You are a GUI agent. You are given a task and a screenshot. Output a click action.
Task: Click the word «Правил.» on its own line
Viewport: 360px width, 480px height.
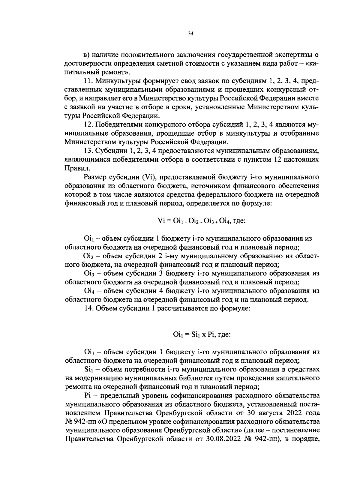tap(74, 168)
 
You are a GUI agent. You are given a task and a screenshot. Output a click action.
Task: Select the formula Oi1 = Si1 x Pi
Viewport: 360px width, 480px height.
tap(202, 334)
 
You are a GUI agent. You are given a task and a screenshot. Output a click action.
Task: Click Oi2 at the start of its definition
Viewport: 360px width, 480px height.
tap(87, 256)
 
